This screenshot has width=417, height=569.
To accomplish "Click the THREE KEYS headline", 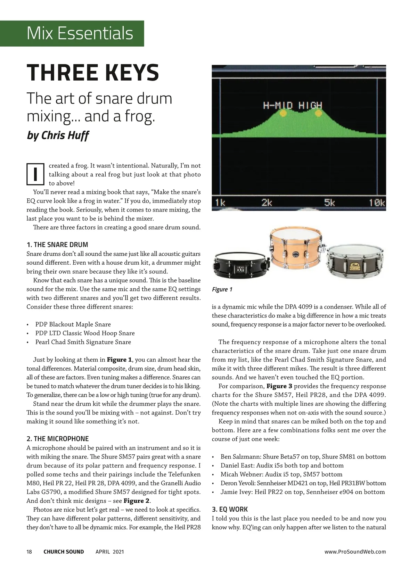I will pos(93,72).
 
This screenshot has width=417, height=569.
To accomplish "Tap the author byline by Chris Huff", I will pos(58,135).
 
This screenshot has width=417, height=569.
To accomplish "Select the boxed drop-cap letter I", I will pos(35,174).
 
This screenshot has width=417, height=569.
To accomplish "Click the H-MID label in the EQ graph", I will pos(277,105).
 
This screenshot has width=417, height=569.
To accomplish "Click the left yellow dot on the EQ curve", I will pos(283,113).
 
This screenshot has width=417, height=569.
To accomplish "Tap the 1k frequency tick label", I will pos(220,203).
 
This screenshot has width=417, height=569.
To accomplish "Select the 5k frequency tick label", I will pos(329,203).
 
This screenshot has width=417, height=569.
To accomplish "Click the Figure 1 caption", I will pos(222,289).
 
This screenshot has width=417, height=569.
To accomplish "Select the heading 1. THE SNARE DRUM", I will pos(57,245).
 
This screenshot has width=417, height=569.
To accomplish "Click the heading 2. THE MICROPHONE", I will pos(58,439).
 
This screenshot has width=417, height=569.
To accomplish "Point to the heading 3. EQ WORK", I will pos(230,509).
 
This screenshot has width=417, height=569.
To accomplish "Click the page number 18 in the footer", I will pos(29,552).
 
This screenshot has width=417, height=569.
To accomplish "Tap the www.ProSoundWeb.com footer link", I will pos(355,552).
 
